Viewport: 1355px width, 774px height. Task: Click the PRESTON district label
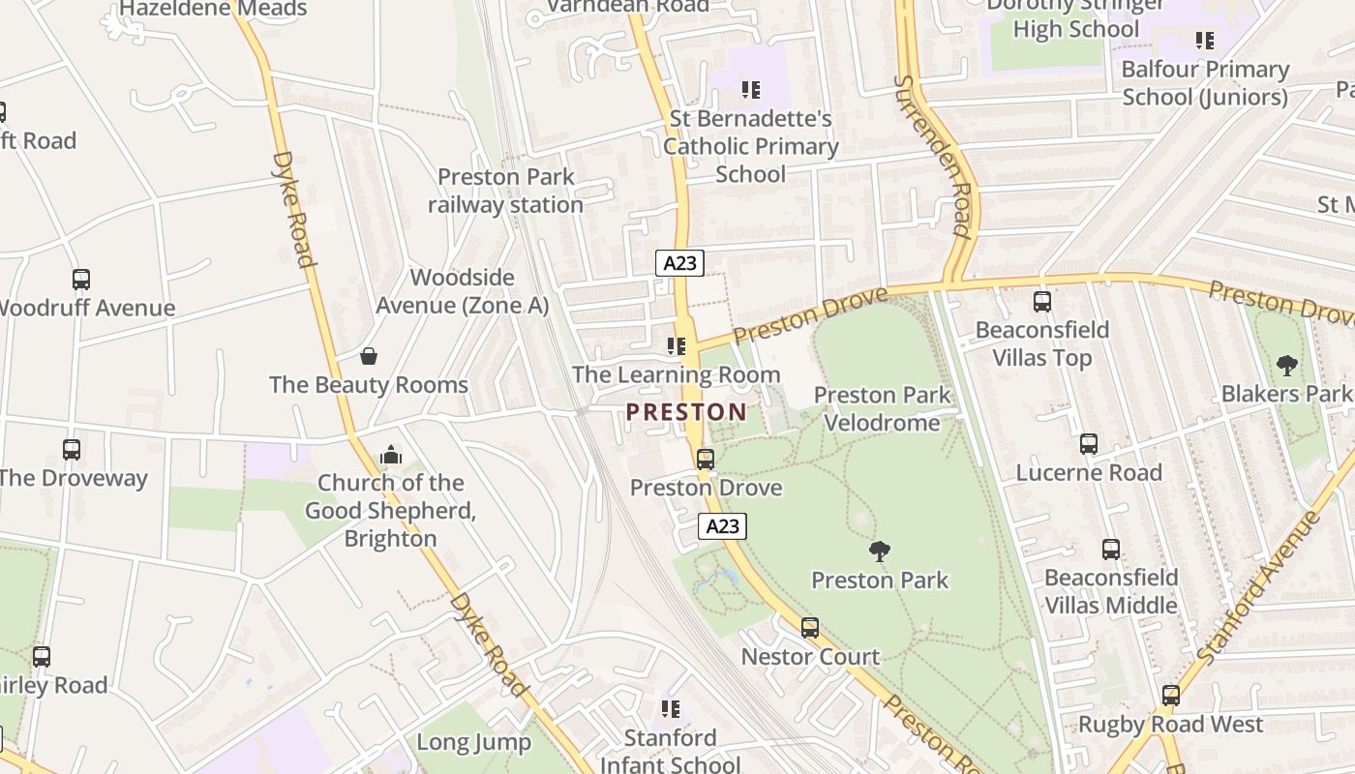686,412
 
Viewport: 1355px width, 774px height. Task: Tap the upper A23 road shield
679,262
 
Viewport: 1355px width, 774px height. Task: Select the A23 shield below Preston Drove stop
722,526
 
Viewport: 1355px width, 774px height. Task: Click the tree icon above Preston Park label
880,551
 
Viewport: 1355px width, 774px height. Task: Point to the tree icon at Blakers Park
1286,366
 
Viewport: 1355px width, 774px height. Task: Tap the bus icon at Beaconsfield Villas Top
1042,302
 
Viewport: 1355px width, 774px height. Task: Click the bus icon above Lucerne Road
1089,444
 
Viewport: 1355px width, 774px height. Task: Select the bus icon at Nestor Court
810,628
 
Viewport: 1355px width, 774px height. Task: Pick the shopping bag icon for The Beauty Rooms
369,356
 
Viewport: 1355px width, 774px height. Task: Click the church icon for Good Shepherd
391,454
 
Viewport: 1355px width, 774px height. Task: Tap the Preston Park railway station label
505,191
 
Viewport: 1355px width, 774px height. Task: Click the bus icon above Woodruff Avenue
81,280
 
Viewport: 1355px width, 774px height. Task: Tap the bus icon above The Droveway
72,450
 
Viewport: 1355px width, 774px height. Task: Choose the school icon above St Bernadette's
750,90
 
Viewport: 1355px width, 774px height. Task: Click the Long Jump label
473,742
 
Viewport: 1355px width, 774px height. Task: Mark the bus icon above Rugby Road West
1171,696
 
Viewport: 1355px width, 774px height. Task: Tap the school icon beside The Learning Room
677,346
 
